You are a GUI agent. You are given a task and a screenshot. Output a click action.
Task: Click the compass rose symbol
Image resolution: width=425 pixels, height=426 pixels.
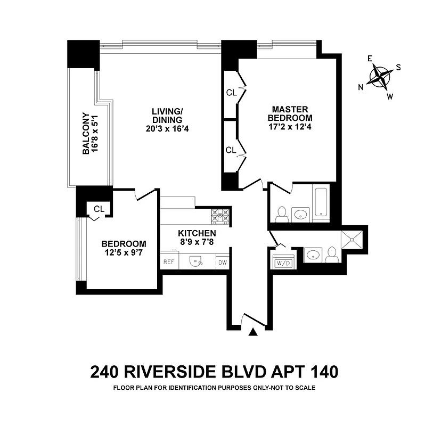point(380,76)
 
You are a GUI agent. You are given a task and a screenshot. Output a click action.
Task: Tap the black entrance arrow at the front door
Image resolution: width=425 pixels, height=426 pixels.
point(254,332)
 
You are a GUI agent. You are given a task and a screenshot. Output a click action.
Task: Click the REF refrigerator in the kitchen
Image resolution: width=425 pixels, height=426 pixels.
point(168,262)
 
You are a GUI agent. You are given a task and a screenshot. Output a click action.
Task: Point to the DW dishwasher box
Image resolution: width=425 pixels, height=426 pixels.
point(222,262)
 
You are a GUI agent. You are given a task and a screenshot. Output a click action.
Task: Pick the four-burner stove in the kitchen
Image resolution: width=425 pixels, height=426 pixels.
point(220,216)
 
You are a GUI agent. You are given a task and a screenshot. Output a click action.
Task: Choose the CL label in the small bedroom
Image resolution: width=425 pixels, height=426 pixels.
point(99,208)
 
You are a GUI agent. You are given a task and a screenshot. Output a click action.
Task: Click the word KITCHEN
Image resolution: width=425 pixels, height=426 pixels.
point(197,233)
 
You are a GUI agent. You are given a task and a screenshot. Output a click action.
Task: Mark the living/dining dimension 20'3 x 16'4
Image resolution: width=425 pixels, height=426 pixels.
point(167,128)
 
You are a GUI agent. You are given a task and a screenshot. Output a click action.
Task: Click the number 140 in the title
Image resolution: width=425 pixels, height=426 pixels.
point(320,371)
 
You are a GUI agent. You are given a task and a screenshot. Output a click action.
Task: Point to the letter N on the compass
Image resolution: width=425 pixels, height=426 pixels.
point(361,87)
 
